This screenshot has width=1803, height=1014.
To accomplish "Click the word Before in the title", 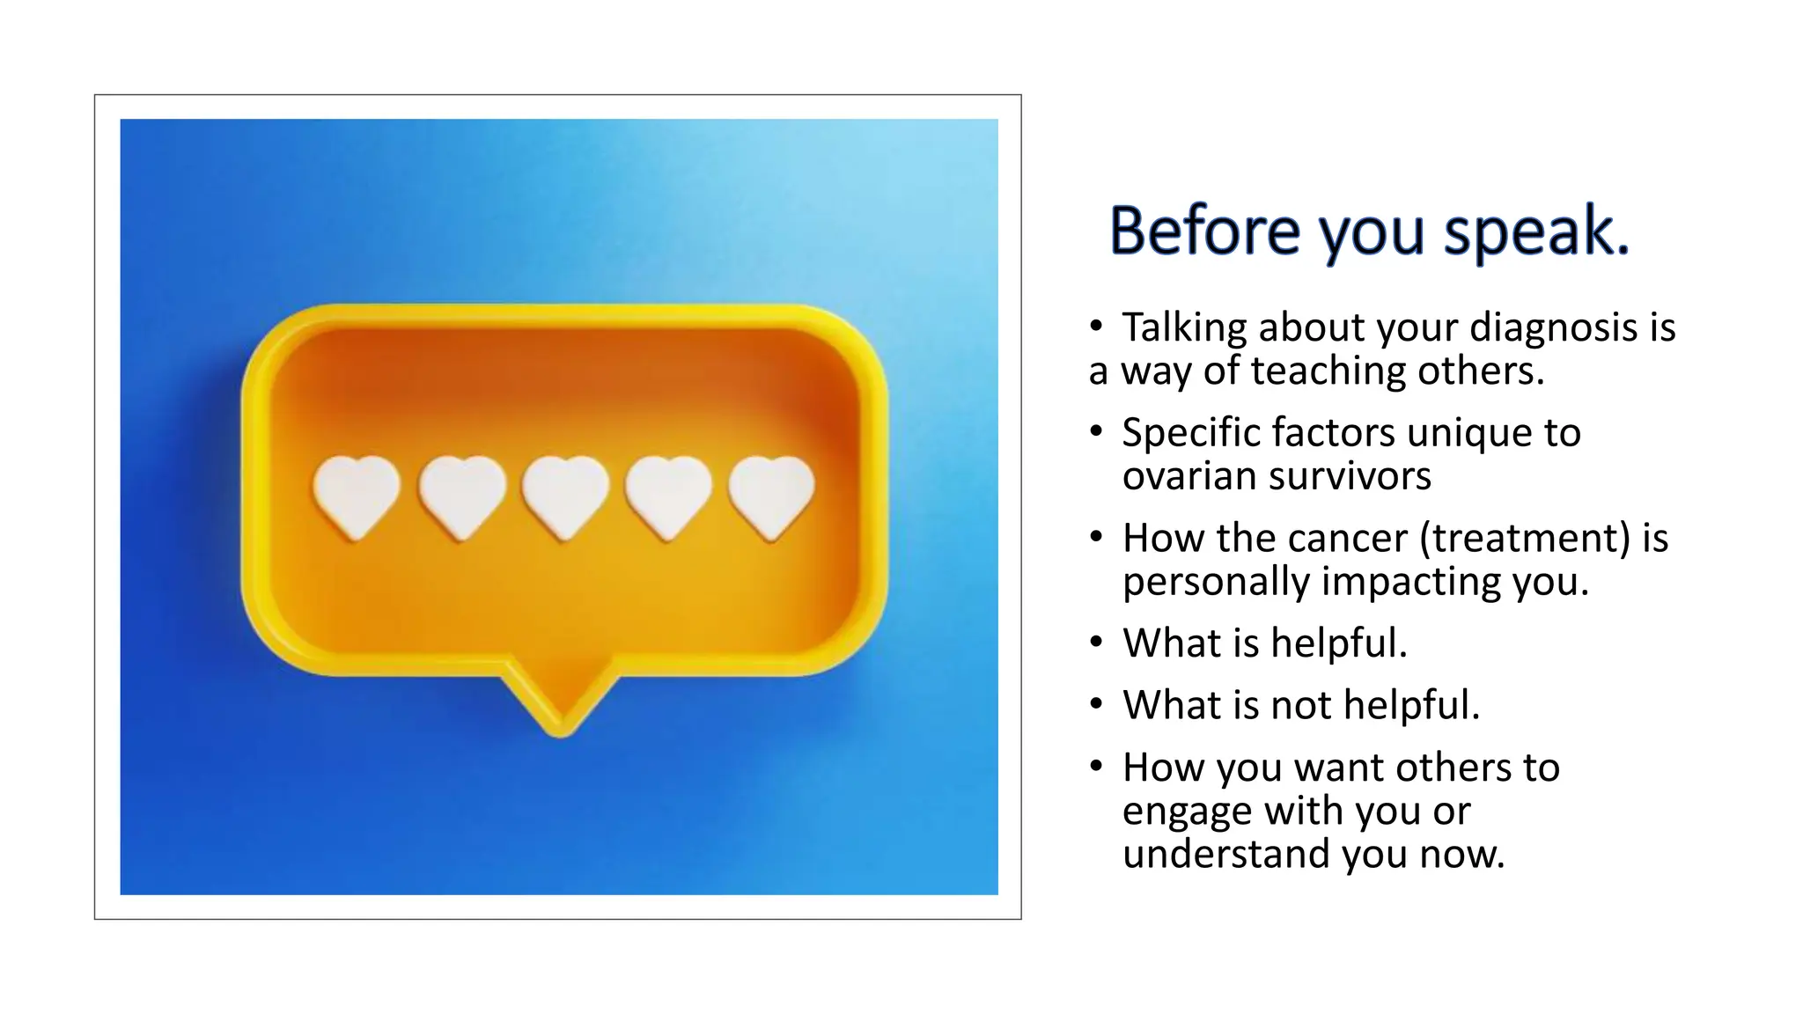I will [1204, 231].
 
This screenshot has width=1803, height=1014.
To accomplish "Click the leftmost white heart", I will [357, 495].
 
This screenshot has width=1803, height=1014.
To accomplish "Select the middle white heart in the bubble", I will [564, 495].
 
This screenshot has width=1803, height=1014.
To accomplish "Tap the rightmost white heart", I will [771, 495].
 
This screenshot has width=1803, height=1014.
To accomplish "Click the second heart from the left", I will [461, 495].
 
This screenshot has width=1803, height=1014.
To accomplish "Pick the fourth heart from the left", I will [668, 495].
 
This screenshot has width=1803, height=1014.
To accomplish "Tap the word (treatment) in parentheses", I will [1525, 538].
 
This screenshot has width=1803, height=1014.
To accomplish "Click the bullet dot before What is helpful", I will [1095, 643].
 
